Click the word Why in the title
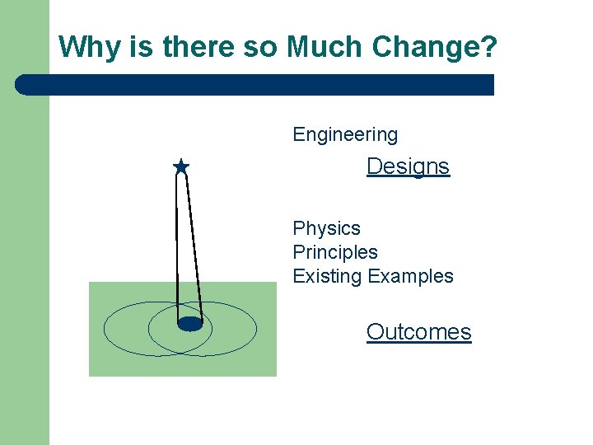click(86, 48)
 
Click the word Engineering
click(345, 134)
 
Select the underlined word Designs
click(408, 166)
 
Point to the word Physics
click(326, 228)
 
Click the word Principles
click(335, 252)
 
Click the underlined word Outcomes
click(418, 332)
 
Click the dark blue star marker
click(181, 167)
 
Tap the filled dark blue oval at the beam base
click(190, 324)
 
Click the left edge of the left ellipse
click(105, 329)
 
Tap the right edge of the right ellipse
click(256, 329)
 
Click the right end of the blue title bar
click(491, 85)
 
